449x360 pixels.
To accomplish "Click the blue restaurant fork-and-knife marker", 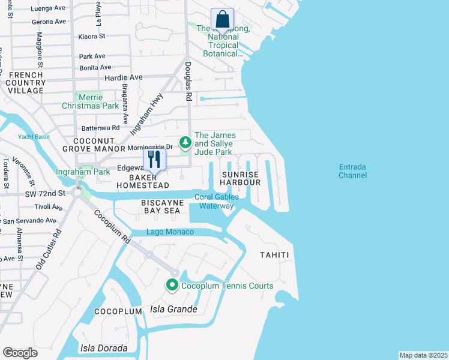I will coord(154,160).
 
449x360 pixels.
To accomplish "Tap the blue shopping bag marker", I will coord(222,20).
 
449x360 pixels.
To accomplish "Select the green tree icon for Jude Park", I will coord(186,142).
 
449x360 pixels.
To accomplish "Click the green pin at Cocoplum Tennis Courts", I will coord(172,286).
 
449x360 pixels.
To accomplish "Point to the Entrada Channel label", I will coord(352,171).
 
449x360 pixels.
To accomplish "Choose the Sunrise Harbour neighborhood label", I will coord(241,178).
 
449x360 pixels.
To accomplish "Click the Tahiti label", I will coord(274,255).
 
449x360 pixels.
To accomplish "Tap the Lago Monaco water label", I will coord(171,232).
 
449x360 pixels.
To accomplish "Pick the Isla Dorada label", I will coord(104,348).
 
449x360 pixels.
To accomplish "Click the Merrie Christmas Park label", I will coord(90,101).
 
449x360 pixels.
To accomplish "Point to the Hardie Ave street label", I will coord(124,77).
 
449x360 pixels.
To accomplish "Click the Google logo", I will coord(20,353).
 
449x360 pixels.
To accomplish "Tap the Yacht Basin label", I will coord(34,136).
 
